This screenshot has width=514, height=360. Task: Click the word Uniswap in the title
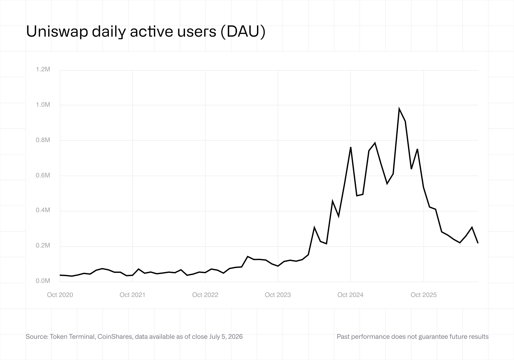point(57,32)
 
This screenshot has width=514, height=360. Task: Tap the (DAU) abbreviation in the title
point(243,32)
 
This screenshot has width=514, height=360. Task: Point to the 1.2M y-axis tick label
point(43,69)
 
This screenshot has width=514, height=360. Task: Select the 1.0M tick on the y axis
point(43,105)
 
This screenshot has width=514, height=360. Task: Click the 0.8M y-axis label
point(43,140)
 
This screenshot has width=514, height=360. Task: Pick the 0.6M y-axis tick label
point(43,175)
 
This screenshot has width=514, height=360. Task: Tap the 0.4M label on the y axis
point(43,210)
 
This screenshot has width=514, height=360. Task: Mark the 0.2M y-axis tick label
point(43,246)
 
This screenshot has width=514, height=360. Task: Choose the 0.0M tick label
point(43,281)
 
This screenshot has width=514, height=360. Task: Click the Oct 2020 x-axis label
point(60,295)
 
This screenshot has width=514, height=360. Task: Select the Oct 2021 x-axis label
point(132,295)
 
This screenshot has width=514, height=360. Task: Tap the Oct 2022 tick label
point(205,295)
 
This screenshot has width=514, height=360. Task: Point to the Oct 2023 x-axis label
point(278,295)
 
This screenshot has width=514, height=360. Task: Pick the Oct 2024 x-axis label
point(350,295)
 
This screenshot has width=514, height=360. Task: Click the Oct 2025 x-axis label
point(424,295)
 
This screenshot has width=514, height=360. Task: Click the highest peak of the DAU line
point(399,109)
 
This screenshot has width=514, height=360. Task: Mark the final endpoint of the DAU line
point(478,243)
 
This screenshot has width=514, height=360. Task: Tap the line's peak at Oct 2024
point(350,147)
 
